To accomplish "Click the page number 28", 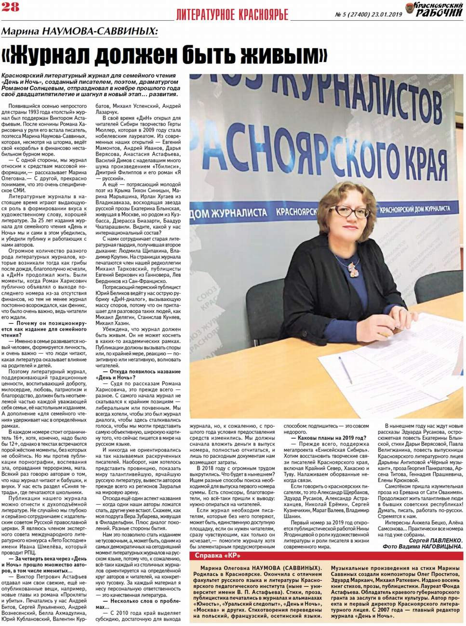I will [10, 7].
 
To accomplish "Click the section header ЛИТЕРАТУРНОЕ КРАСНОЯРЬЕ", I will [232, 15].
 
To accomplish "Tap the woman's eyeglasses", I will [351, 211].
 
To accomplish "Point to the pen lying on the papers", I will [345, 369].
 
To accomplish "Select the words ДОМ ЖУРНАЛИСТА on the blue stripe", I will [229, 213].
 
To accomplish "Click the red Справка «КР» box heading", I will [218, 556].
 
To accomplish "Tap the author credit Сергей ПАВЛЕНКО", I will [436, 540].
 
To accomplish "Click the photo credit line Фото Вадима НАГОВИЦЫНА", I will [423, 547].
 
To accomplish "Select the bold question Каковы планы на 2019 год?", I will [329, 438].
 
